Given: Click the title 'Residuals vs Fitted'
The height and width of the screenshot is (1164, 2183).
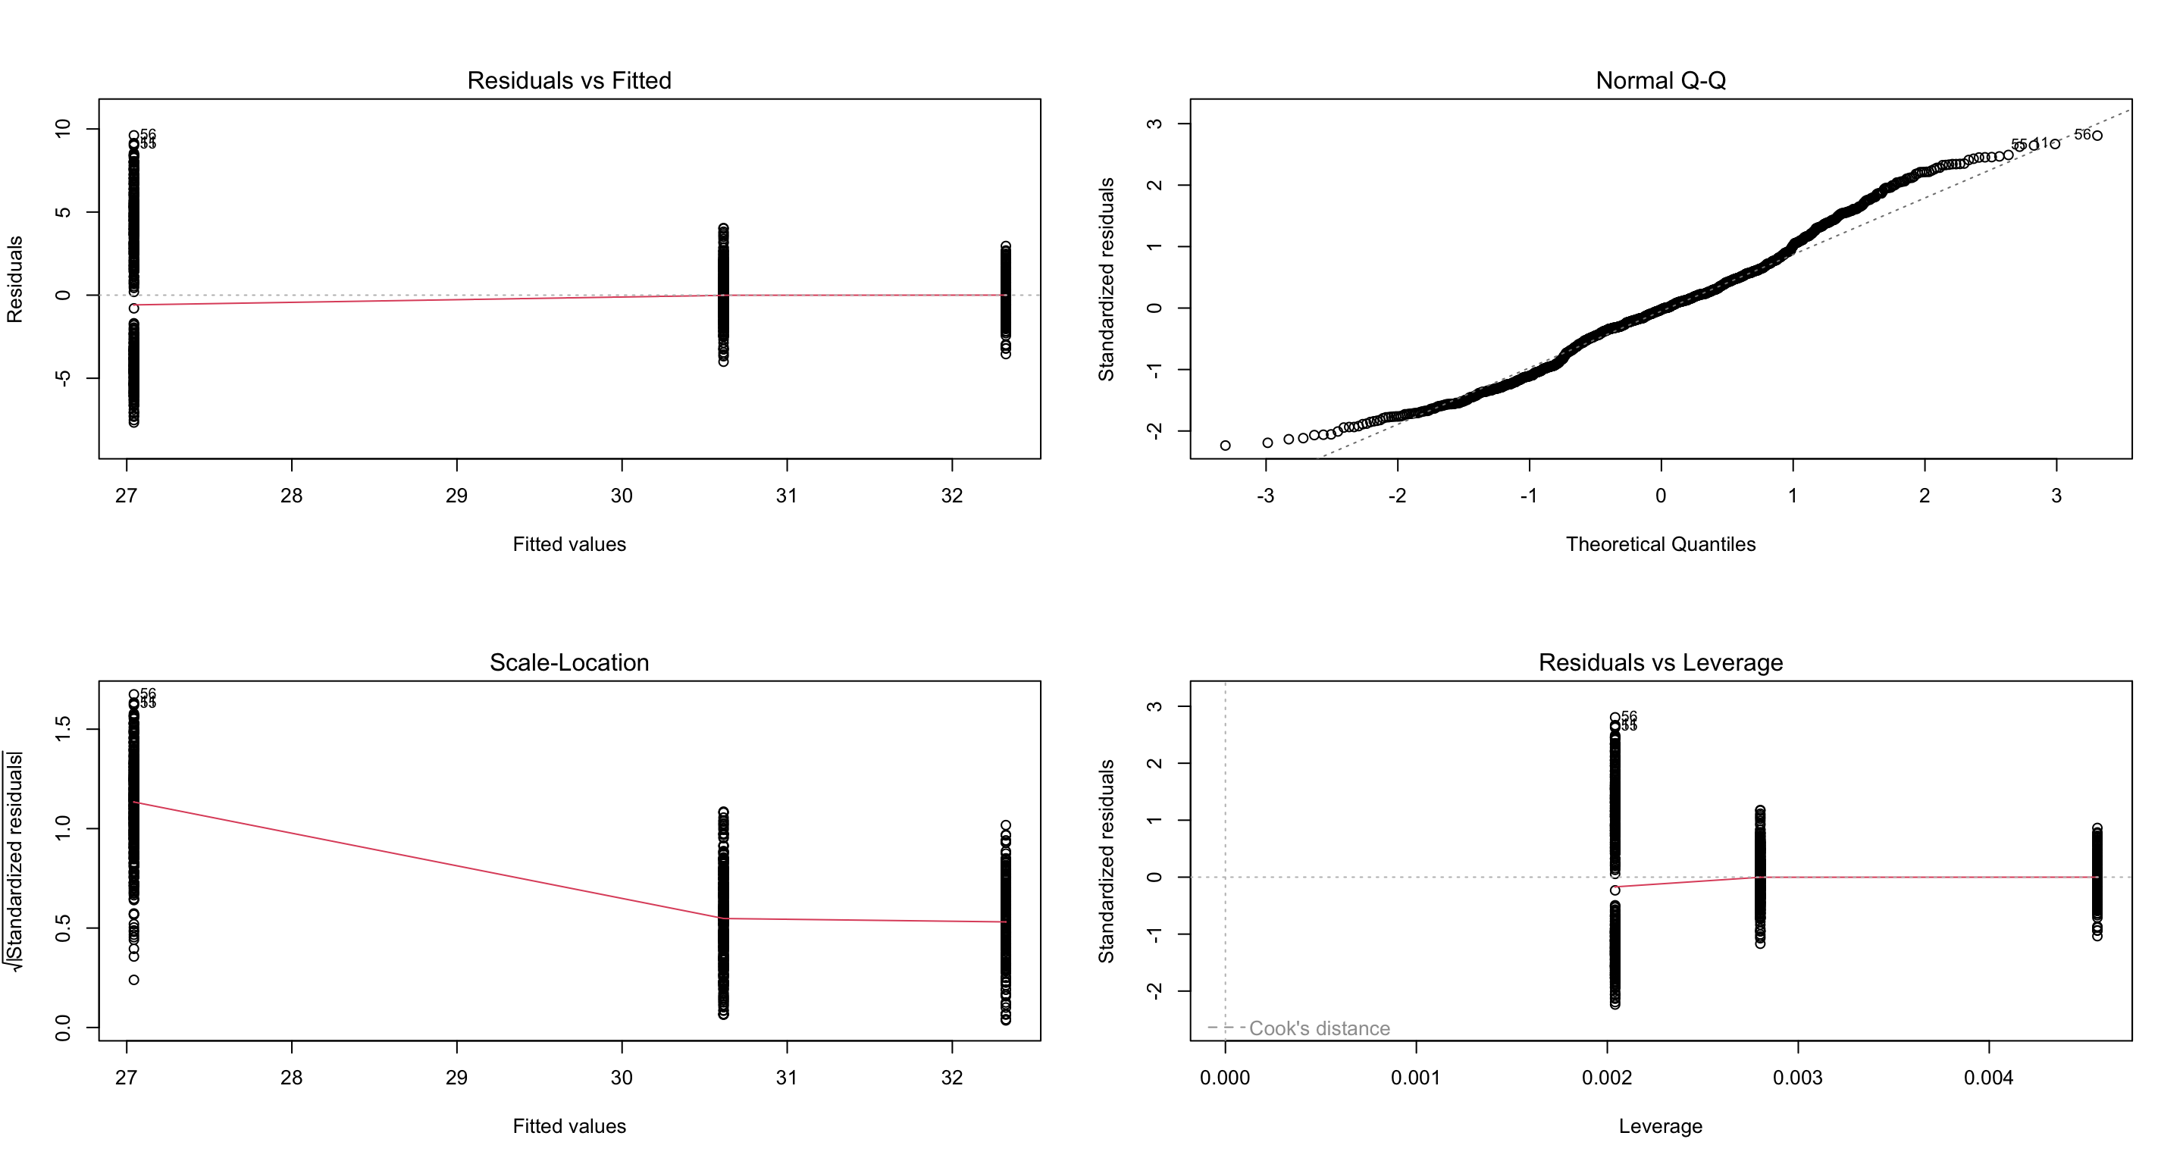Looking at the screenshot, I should pyautogui.click(x=568, y=80).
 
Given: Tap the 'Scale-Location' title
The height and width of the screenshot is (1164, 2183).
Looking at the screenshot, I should pyautogui.click(x=568, y=662).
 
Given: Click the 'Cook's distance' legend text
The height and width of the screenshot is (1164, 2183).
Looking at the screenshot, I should pyautogui.click(x=1319, y=1028).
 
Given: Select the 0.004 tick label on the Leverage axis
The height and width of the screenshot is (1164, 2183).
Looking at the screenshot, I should pyautogui.click(x=1988, y=1078).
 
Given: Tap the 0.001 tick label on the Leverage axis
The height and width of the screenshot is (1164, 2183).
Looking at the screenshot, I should pyautogui.click(x=1415, y=1078).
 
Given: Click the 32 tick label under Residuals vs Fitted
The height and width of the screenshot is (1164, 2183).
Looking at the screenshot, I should pyautogui.click(x=952, y=496).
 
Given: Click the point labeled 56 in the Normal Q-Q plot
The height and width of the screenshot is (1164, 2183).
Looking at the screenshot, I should pyautogui.click(x=2097, y=136).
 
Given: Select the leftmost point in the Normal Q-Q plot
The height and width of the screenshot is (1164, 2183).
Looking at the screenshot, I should pyautogui.click(x=1225, y=446).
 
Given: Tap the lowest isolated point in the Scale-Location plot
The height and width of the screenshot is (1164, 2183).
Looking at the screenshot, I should pyautogui.click(x=134, y=980).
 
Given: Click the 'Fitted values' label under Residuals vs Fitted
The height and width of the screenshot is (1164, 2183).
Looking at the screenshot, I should pyautogui.click(x=568, y=544).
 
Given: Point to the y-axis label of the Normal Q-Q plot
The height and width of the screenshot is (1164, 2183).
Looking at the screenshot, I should pyautogui.click(x=1106, y=280).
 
